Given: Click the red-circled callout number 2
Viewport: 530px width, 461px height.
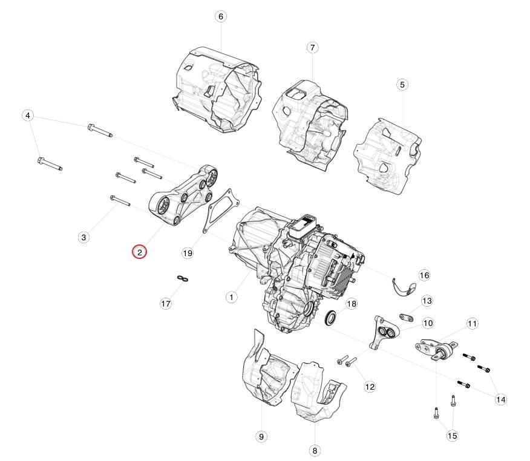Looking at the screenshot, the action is click(140, 252).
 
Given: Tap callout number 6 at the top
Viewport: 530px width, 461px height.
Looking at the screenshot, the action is click(221, 16).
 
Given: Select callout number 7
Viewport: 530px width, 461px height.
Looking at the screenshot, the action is click(312, 47).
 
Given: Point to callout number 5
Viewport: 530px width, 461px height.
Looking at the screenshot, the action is click(402, 85).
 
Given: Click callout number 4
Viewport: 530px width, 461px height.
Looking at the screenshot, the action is click(28, 116).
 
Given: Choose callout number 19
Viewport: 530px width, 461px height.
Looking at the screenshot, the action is click(188, 253).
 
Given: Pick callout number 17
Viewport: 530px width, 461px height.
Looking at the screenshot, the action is click(166, 304).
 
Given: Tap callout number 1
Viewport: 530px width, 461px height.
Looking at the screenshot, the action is click(231, 298).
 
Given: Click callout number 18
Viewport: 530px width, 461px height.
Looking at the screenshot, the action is click(352, 304).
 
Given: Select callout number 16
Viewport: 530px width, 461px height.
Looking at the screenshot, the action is click(424, 275).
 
